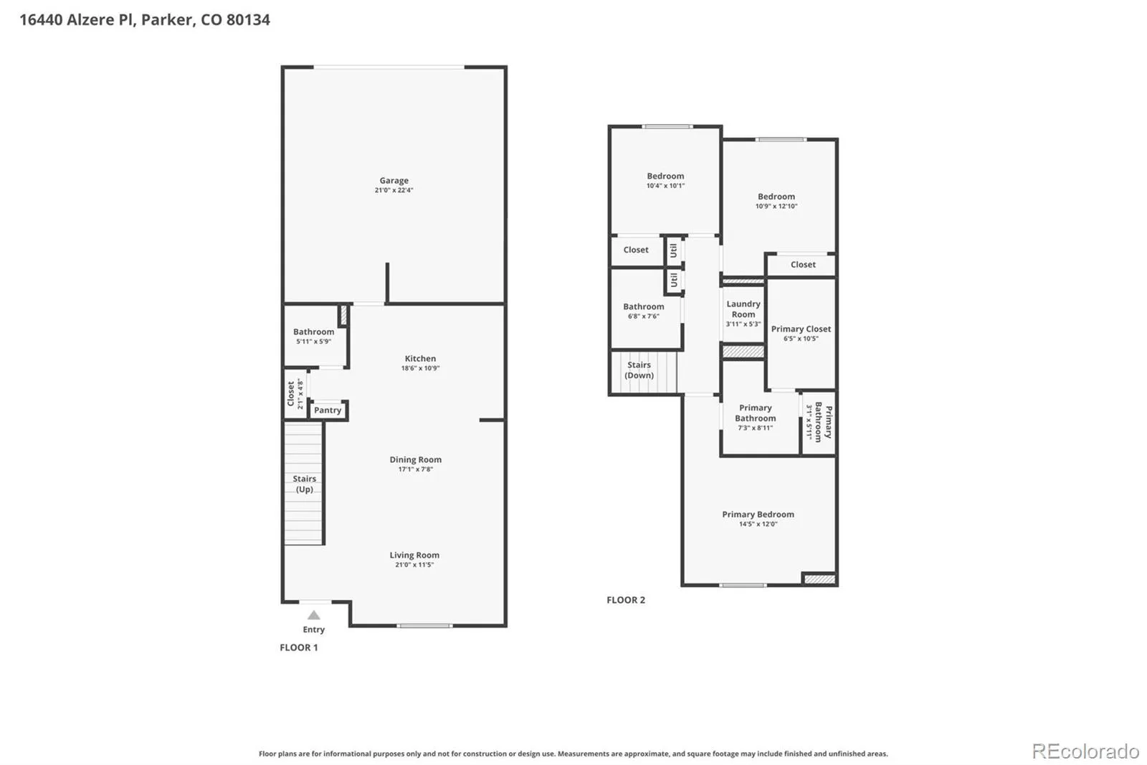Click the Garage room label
click(394, 180)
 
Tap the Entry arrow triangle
click(314, 615)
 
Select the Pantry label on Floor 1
click(328, 410)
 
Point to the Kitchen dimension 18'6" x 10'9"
click(420, 368)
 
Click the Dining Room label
click(415, 459)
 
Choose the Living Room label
click(414, 555)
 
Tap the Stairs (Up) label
click(304, 484)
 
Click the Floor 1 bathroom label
click(313, 332)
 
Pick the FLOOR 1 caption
click(298, 647)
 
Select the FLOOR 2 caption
click(626, 600)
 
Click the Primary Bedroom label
click(758, 515)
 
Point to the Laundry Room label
click(743, 309)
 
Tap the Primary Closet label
click(801, 329)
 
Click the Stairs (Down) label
click(639, 370)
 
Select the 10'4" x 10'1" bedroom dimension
click(665, 186)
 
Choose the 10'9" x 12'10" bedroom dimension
click(776, 206)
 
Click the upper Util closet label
click(673, 250)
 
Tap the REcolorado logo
click(1085, 751)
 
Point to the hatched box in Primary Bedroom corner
click(819, 579)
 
